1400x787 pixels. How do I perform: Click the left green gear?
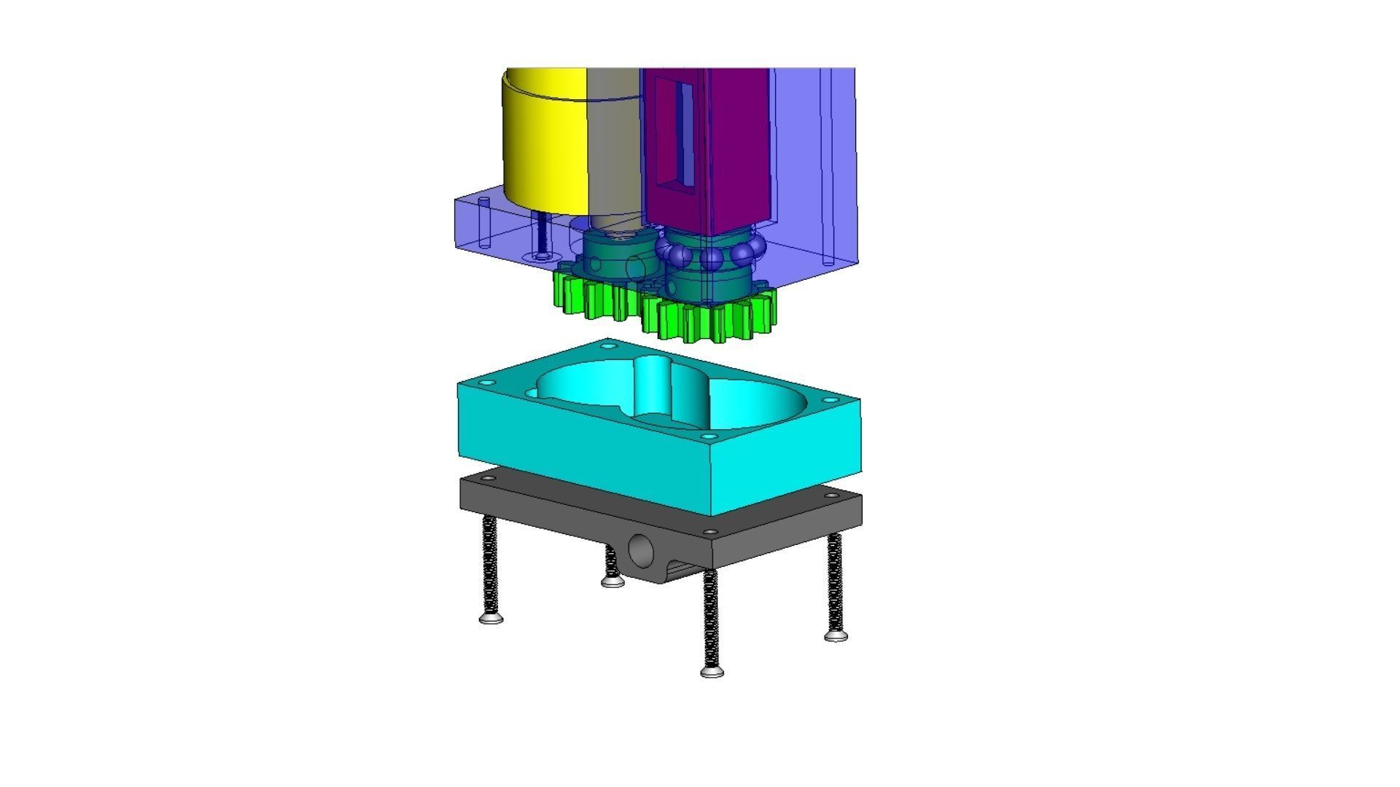[591, 295]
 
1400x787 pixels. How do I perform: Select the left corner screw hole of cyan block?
[489, 383]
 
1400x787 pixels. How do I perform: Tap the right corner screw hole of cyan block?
[830, 399]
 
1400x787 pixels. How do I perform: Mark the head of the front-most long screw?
[712, 672]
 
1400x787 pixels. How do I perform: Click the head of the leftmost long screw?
[491, 619]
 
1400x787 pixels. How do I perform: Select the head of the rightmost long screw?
[836, 636]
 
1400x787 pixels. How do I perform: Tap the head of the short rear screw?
[612, 582]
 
